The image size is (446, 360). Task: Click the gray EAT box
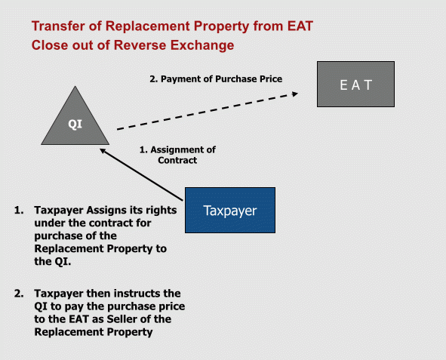click(x=356, y=85)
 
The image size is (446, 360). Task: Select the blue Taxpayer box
click(x=230, y=210)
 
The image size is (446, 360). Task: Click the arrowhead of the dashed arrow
click(x=295, y=94)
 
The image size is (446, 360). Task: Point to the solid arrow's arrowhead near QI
click(x=103, y=151)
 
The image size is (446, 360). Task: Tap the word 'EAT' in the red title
click(x=300, y=26)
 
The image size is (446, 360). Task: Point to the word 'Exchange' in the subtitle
click(x=202, y=45)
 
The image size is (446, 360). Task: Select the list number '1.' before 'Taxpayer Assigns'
click(x=19, y=210)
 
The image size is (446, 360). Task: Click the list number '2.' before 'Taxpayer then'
click(x=19, y=294)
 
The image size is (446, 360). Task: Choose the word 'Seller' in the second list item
click(x=121, y=319)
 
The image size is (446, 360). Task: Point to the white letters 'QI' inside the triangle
click(x=75, y=124)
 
